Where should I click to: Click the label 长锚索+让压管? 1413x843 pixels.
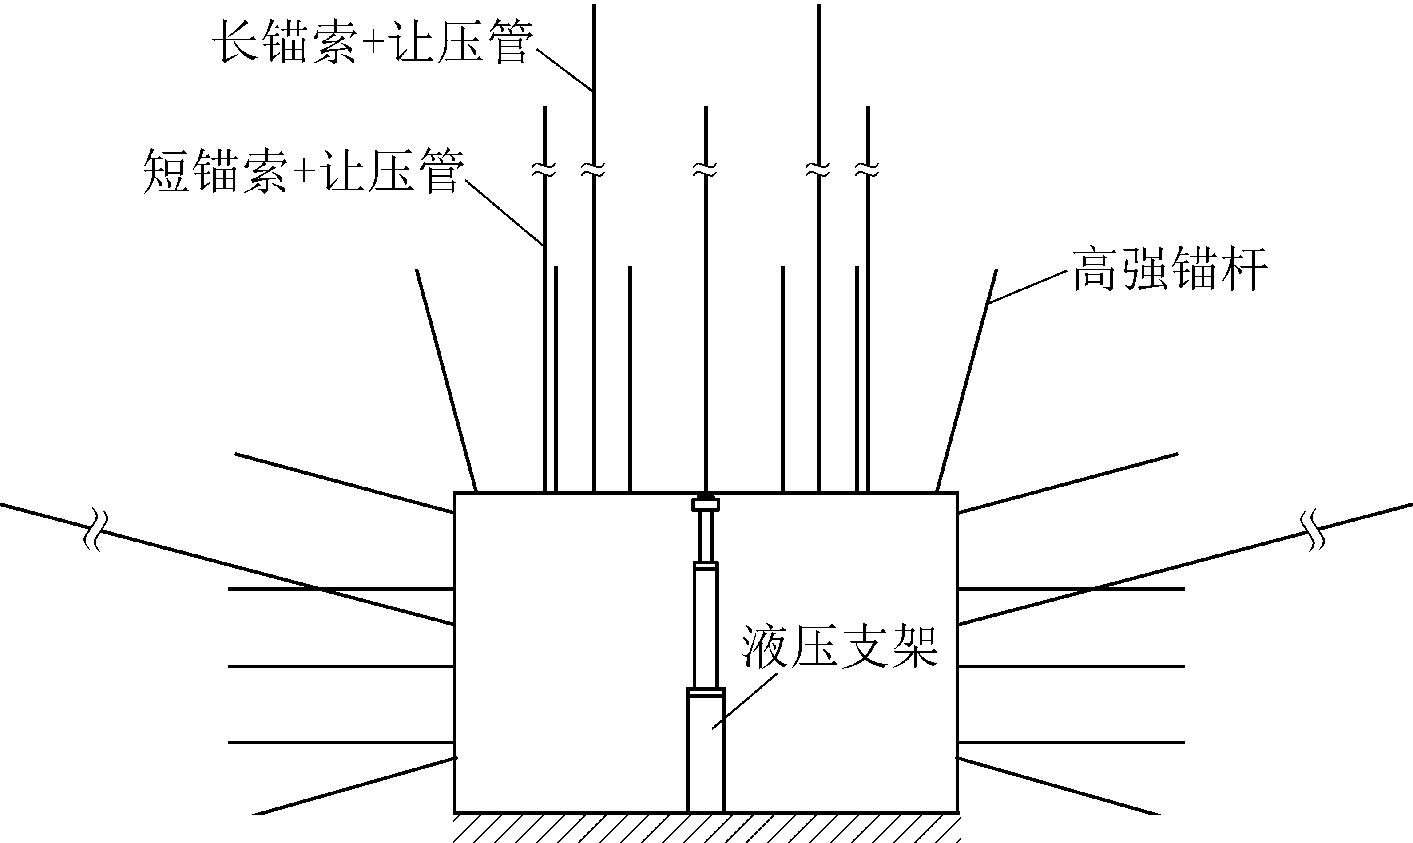click(x=373, y=43)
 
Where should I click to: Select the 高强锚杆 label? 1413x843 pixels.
click(x=1170, y=269)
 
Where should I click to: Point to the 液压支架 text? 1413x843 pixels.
click(x=840, y=648)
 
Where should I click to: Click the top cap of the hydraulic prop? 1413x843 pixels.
click(x=706, y=504)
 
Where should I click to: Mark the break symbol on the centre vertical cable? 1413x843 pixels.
click(x=706, y=169)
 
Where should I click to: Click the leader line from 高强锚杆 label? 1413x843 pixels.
click(x=1027, y=287)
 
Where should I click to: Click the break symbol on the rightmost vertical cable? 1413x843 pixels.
click(x=868, y=169)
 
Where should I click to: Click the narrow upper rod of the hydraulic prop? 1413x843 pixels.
click(x=706, y=536)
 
